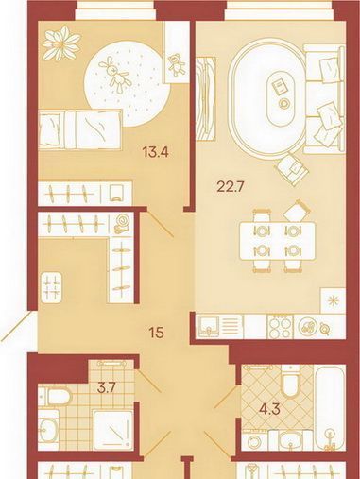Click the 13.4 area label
point(156,152)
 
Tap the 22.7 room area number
point(230,187)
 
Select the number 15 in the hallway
point(157,333)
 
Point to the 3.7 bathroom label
point(105,388)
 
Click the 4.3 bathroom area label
point(270,410)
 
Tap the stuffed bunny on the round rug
point(114,75)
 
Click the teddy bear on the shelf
point(177,64)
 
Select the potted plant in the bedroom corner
point(61,43)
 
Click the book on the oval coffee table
point(279,86)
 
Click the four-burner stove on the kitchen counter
point(281,327)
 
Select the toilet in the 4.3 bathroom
point(290,381)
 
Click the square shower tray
point(112,430)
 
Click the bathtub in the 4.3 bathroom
point(330,408)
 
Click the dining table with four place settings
point(277,241)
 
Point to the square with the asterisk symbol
point(333,300)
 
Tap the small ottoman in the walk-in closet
point(52,287)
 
